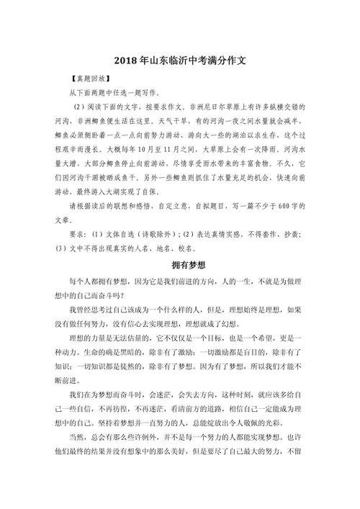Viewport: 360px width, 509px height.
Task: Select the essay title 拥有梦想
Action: pos(180,263)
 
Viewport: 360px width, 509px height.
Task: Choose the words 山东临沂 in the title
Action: pos(163,63)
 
